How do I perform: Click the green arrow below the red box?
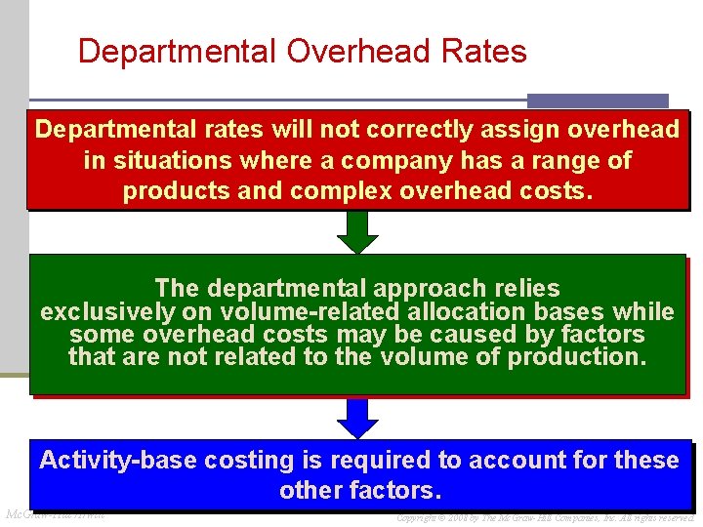coord(358,231)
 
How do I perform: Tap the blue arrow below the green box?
coord(358,417)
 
